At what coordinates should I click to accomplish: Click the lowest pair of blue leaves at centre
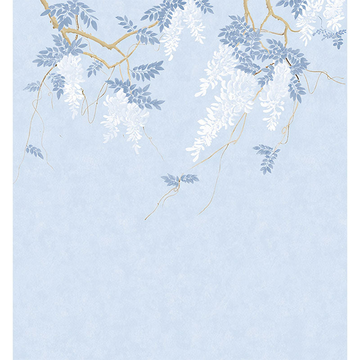[180, 180]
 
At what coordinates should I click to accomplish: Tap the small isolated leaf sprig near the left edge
[35, 151]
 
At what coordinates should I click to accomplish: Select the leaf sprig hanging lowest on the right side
[268, 158]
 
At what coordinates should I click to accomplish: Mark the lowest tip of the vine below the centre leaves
[145, 219]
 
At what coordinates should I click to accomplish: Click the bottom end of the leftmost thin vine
[14, 182]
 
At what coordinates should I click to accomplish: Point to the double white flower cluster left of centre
[124, 117]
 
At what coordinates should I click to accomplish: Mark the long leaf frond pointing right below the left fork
[146, 70]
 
